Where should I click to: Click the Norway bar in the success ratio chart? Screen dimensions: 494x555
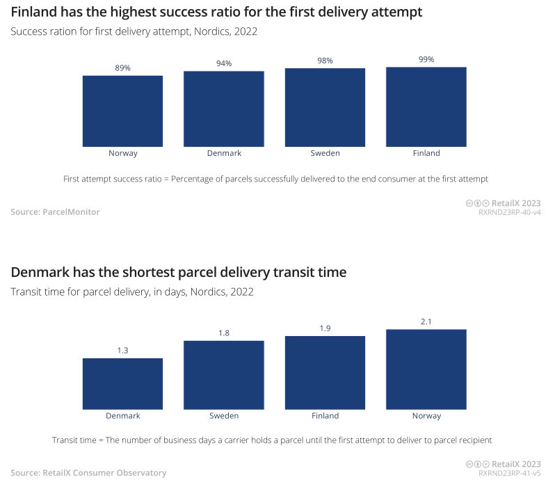point(122,111)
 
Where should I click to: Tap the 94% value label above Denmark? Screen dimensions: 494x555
point(224,63)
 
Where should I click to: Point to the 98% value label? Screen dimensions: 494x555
point(325,61)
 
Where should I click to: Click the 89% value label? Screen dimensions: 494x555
point(122,67)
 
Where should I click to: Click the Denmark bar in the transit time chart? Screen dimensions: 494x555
point(122,383)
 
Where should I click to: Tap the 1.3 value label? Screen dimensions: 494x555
point(122,351)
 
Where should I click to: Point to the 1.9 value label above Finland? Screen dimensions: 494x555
point(325,328)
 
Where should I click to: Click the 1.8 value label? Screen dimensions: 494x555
point(224,333)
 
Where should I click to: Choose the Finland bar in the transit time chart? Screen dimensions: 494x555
point(325,372)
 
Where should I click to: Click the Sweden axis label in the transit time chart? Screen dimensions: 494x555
point(224,416)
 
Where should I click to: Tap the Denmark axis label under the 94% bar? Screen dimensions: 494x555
point(224,153)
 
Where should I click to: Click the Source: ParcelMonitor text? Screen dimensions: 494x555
point(55,212)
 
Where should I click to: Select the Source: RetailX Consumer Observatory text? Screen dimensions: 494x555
point(88,473)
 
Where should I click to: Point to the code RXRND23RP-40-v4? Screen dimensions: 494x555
point(509,212)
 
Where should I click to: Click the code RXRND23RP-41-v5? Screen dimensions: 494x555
point(509,473)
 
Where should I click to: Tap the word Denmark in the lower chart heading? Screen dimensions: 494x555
point(41,272)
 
